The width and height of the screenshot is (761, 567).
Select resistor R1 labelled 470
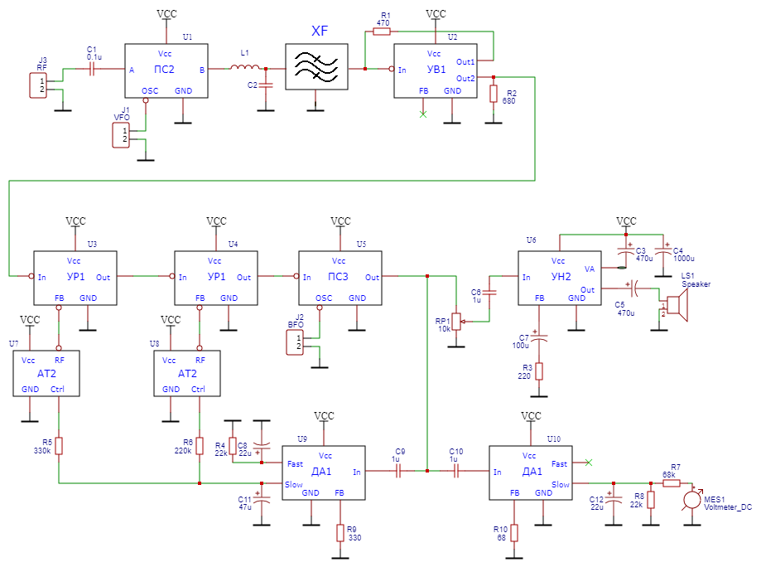(x=382, y=31)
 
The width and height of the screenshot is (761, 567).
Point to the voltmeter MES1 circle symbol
(x=692, y=499)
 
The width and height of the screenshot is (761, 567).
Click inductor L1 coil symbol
(x=245, y=68)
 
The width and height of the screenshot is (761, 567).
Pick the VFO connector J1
(x=121, y=135)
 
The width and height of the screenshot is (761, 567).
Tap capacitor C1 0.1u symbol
(x=92, y=70)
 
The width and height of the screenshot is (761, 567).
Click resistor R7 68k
(x=671, y=482)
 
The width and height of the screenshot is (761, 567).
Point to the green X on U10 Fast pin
(x=589, y=462)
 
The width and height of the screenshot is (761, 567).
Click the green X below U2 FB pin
(x=423, y=113)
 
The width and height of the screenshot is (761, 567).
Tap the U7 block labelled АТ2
(x=46, y=373)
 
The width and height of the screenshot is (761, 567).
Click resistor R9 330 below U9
(x=340, y=532)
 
